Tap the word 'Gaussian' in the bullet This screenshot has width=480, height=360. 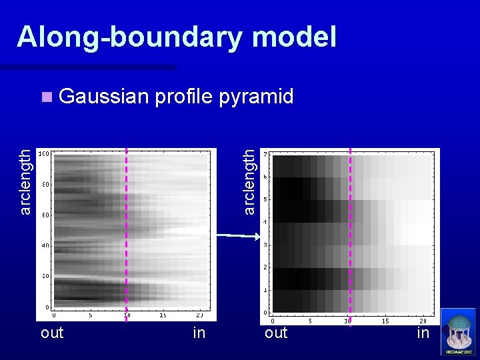click(103, 97)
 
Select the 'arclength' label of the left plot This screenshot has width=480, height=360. click(25, 181)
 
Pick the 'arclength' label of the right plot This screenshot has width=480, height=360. click(248, 181)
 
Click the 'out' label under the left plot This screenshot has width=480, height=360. click(52, 333)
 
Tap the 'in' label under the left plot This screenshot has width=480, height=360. click(199, 333)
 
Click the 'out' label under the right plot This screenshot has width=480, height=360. click(276, 333)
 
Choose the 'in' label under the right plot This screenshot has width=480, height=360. click(423, 333)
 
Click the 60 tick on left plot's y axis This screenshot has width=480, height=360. click(45, 215)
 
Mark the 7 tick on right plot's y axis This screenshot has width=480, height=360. click(267, 155)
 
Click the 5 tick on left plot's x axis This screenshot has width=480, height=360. click(91, 315)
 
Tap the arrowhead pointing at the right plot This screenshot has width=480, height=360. click(255, 236)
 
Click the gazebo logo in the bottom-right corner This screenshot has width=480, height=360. click(459, 332)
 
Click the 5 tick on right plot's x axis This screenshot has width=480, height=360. click(310, 320)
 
